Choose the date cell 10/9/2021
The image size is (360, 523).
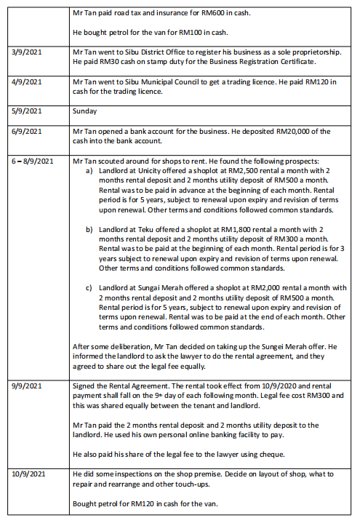[29, 474]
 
